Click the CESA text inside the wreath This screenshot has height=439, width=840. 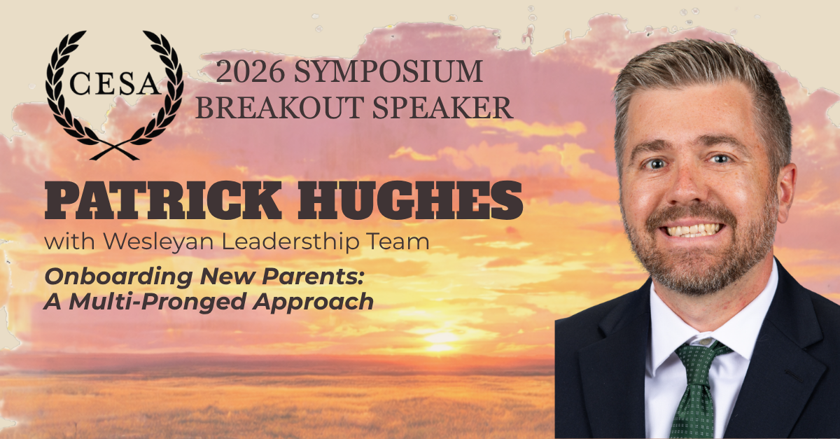[115, 83]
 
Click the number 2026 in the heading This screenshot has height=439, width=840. [250, 71]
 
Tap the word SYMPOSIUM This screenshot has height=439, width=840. [388, 71]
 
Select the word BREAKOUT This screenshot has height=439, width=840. [279, 108]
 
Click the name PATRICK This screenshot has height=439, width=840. [163, 200]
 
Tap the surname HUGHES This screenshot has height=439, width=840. [410, 200]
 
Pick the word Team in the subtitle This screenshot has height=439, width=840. [398, 242]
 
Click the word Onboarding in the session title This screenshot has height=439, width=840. [118, 277]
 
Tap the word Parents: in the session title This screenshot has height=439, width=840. [313, 276]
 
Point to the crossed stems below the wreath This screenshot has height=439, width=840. [115, 151]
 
